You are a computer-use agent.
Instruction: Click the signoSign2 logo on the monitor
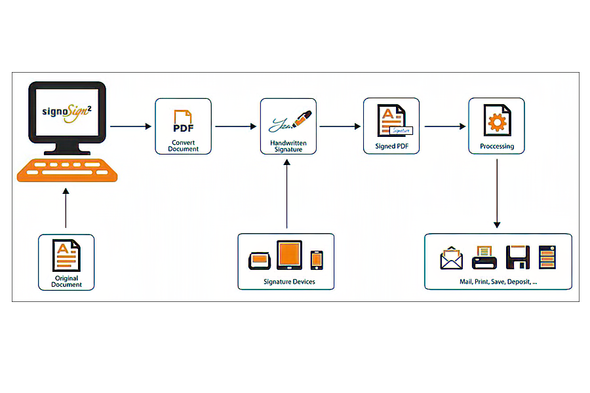(68, 109)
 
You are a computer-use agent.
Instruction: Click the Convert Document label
(183, 145)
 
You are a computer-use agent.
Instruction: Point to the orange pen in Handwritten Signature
(302, 120)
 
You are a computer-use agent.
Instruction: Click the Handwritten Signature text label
(288, 145)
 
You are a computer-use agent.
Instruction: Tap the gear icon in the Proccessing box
(496, 122)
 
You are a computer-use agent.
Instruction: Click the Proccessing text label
(496, 146)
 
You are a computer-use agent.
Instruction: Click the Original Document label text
(66, 282)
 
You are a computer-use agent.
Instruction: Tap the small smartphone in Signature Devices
(317, 259)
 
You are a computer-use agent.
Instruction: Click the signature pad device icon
(260, 261)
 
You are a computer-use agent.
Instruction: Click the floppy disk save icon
(517, 257)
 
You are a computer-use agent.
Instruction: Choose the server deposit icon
(547, 257)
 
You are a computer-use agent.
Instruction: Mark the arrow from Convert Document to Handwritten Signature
(235, 126)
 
